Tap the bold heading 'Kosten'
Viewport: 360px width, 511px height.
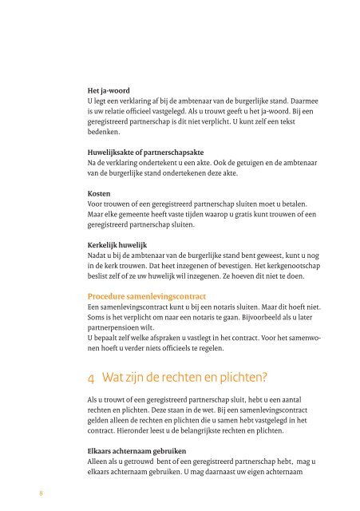coord(100,193)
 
